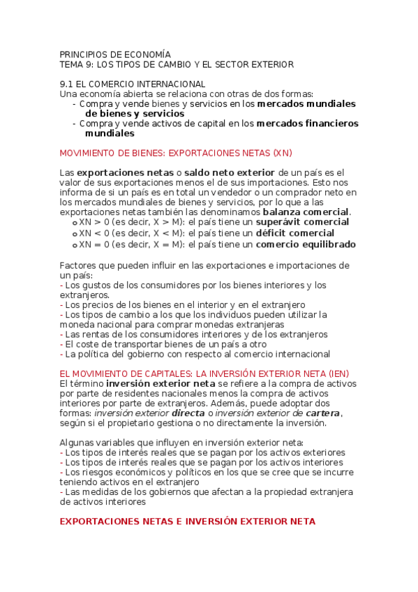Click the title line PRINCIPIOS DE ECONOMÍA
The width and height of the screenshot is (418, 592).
tap(115, 54)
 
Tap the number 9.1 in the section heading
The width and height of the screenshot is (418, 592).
tap(68, 84)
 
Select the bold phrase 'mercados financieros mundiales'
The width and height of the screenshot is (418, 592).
tap(307, 124)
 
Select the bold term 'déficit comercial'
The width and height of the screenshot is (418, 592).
tap(295, 233)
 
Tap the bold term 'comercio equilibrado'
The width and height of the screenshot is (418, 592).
tap(306, 244)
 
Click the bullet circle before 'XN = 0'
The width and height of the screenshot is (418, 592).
tap(75, 245)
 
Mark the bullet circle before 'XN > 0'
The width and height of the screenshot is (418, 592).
tap(75, 223)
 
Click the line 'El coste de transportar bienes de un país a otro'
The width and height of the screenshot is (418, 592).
tap(166, 344)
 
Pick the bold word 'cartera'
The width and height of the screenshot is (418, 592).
tap(322, 413)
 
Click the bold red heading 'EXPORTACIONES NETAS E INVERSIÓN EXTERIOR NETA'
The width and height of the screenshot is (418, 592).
tap(188, 521)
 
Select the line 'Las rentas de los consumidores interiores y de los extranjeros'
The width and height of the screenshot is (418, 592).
tap(195, 334)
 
